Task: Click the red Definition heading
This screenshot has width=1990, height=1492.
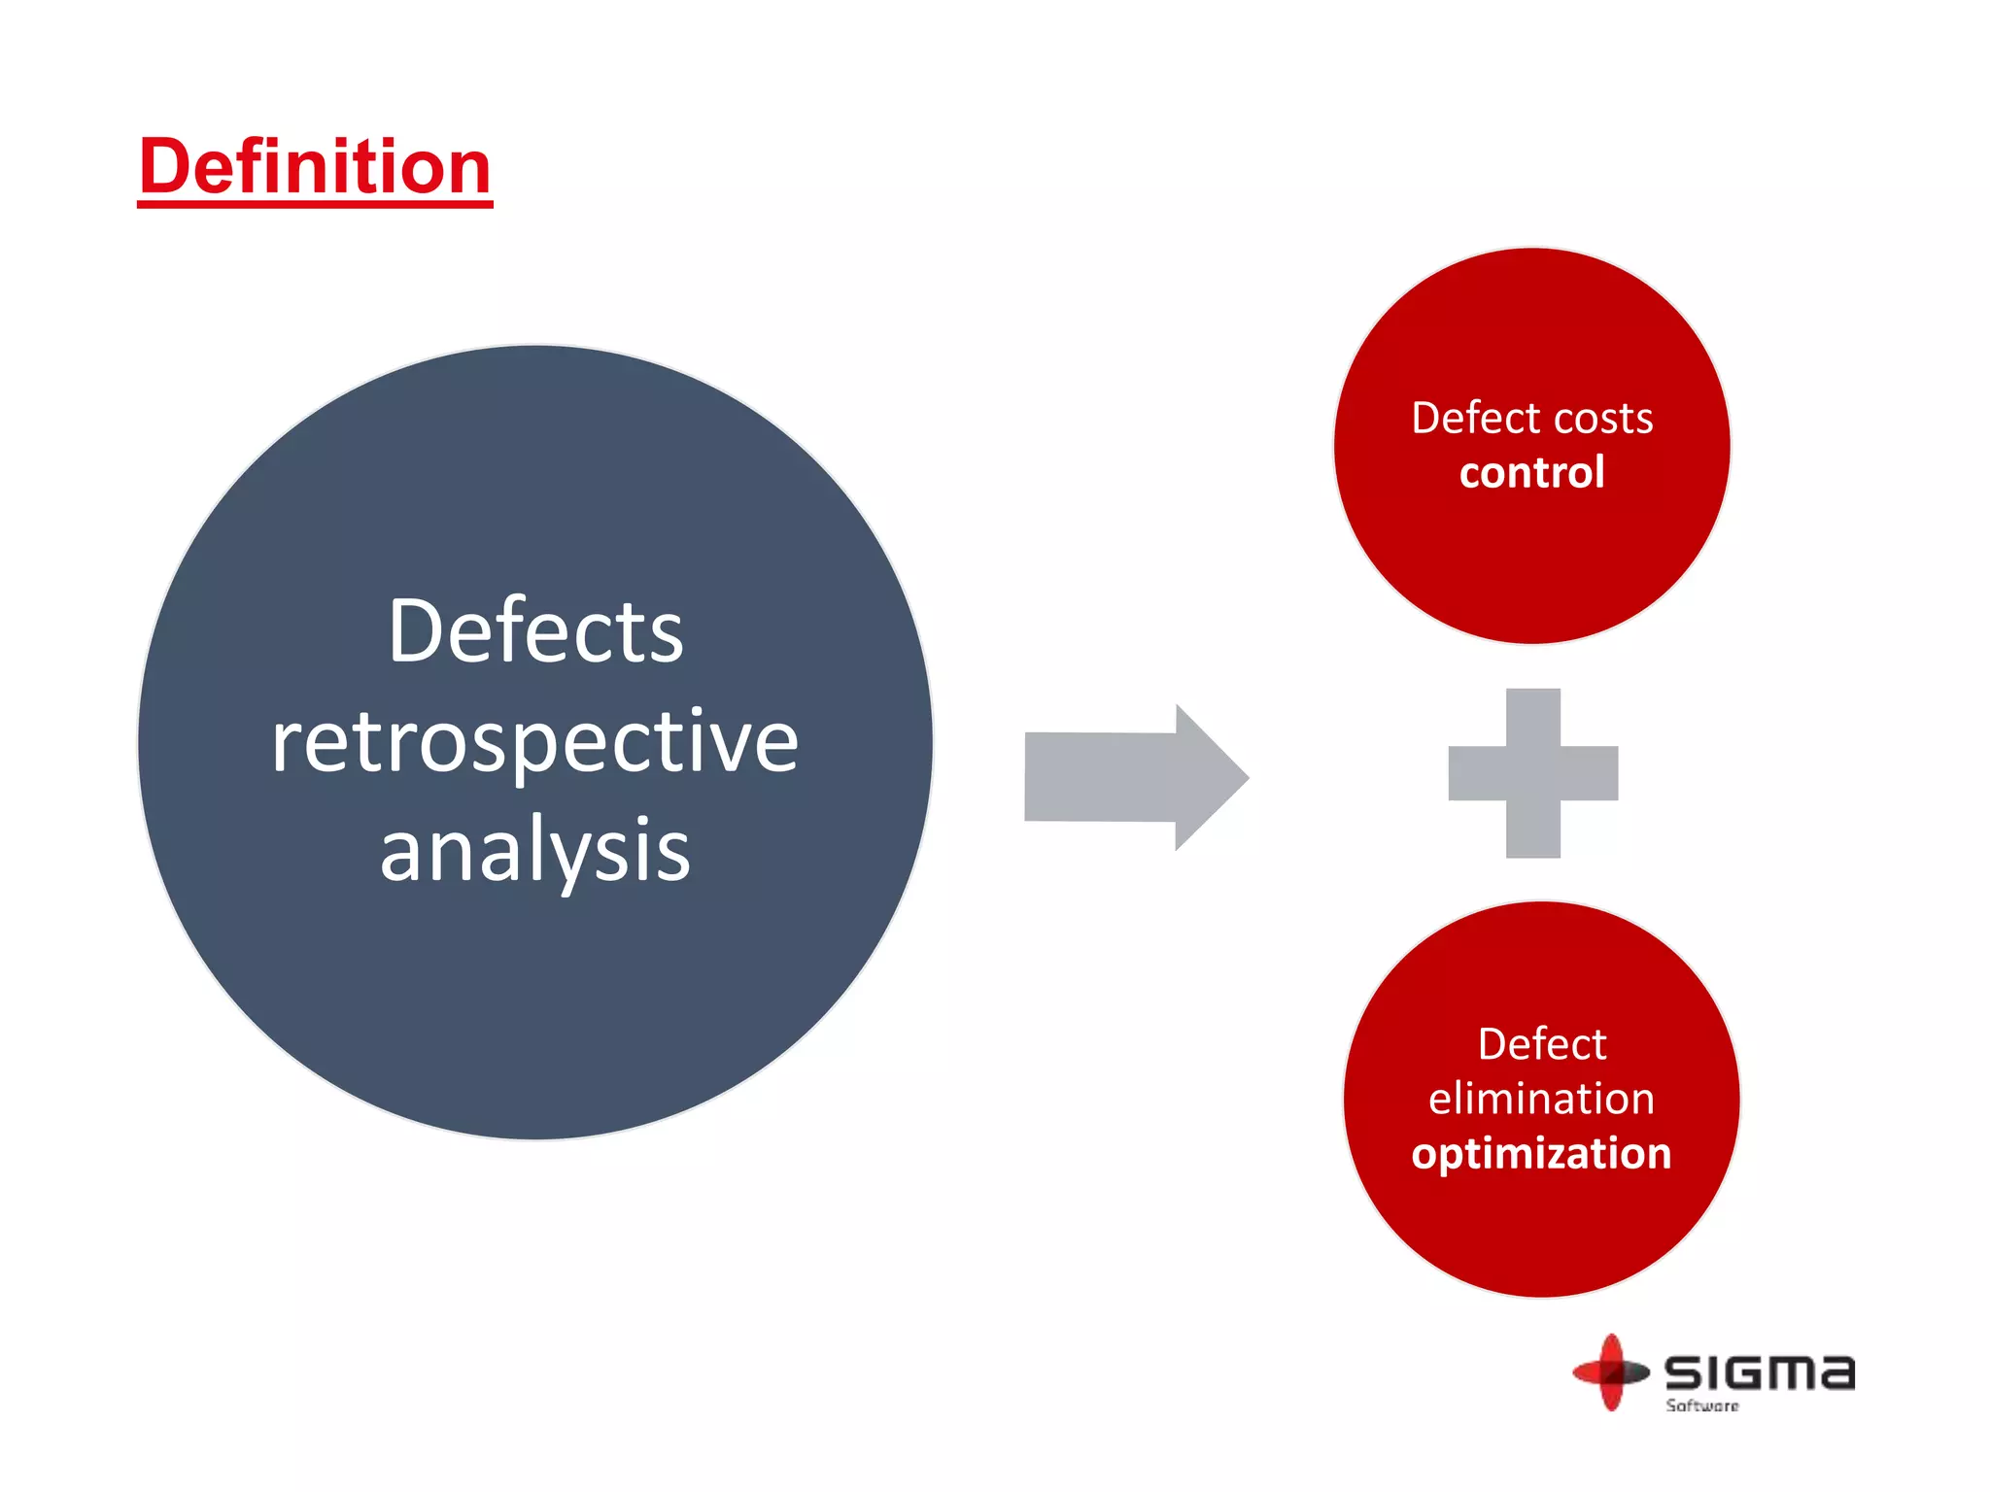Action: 315,167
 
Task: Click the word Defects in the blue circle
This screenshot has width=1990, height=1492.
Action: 535,631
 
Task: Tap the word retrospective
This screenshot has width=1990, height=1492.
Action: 535,742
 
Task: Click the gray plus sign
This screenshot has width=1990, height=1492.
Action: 1532,773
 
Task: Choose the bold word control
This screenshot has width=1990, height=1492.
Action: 1531,473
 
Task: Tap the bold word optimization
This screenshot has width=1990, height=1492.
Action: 1541,1154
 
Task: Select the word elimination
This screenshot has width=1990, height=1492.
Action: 1541,1099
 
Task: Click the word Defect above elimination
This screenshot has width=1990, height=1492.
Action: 1541,1044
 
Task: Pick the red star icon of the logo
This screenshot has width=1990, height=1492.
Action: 1611,1372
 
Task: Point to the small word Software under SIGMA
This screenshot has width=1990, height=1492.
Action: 1701,1406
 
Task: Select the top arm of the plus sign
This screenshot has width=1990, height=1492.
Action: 1532,715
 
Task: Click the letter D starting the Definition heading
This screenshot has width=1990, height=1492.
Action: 165,167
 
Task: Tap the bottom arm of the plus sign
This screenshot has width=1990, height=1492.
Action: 1532,831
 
